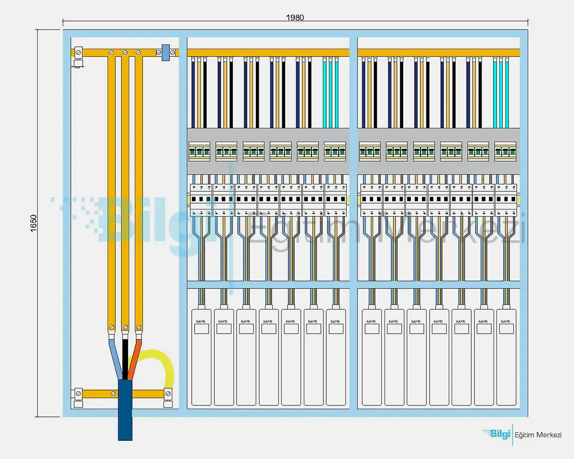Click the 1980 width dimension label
point(295,17)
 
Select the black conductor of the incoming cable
point(125,356)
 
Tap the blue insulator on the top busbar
point(166,52)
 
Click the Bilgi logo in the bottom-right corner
point(496,434)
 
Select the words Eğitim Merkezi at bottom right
point(538,435)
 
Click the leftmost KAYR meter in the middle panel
point(201,356)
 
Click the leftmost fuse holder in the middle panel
point(200,152)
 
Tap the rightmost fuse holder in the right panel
point(506,152)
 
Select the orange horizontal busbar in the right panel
point(438,52)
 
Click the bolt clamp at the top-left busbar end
point(78,52)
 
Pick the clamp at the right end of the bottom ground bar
point(168,394)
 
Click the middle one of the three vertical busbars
point(125,191)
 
